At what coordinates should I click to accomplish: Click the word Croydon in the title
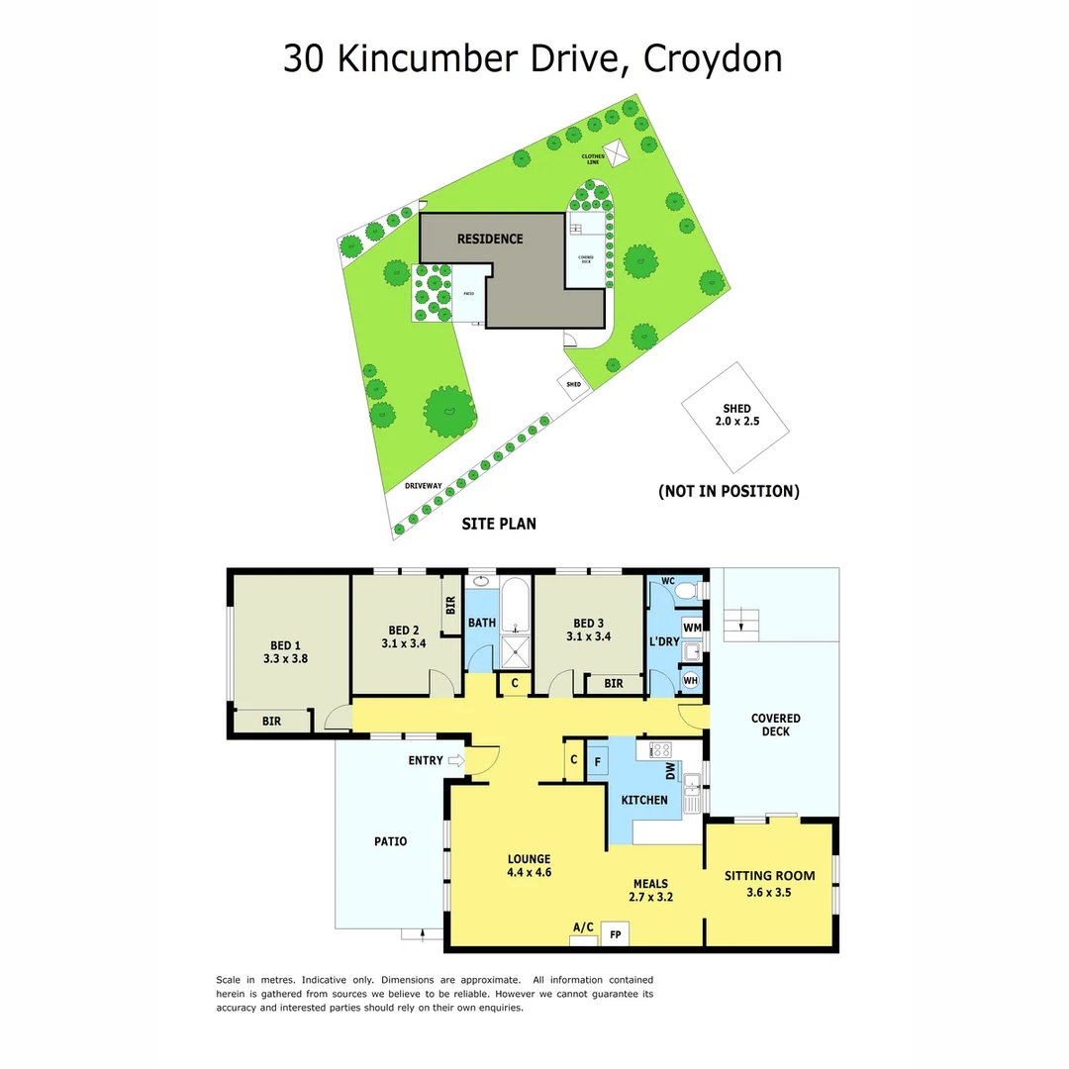tap(713, 58)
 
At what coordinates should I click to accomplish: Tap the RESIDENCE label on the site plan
tap(489, 239)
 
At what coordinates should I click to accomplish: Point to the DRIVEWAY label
tap(423, 486)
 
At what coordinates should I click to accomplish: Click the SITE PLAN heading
tap(499, 524)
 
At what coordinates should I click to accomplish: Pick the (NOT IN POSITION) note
tap(729, 491)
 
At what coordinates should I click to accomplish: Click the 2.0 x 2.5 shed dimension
tap(736, 422)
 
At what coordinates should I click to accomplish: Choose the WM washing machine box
tap(692, 627)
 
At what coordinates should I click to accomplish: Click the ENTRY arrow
tap(456, 761)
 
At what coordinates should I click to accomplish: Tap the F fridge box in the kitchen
tap(597, 762)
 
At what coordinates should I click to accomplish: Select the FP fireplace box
tap(615, 933)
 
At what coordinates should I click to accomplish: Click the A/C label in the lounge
tap(583, 927)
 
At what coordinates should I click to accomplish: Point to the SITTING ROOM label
tap(769, 875)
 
